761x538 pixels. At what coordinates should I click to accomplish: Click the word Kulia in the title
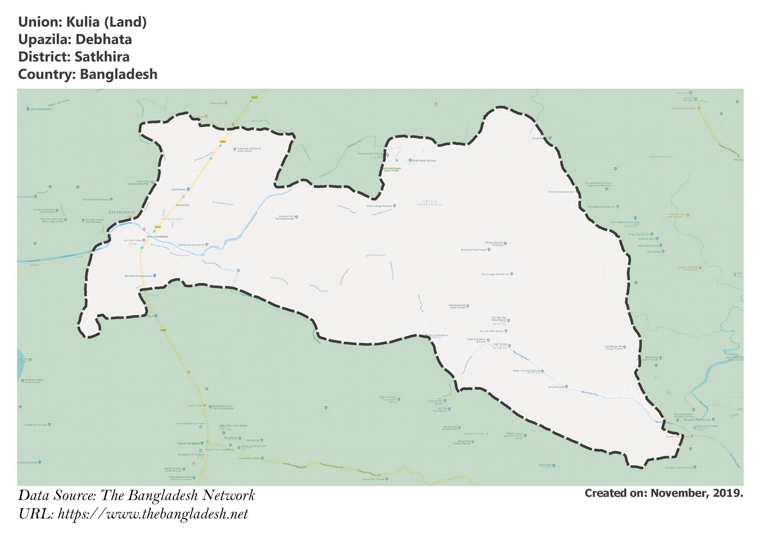tap(83, 22)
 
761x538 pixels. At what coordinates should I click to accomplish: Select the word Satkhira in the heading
tap(102, 57)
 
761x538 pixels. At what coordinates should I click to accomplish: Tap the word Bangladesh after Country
tap(119, 74)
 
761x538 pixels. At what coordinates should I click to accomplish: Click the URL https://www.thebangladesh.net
tap(153, 514)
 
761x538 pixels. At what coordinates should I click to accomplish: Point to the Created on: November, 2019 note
tap(664, 493)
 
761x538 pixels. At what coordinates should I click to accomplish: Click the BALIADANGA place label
tap(158, 237)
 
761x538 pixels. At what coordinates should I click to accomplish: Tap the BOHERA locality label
tap(183, 205)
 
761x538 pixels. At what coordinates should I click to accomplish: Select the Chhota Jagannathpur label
tap(430, 203)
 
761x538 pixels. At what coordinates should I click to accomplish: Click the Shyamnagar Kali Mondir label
tap(495, 274)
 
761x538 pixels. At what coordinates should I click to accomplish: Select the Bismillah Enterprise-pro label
tap(139, 276)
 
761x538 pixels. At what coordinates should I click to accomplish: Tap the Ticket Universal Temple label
tap(526, 371)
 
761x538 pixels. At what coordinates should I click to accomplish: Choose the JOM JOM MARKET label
tap(40, 109)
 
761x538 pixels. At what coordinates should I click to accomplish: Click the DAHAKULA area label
tap(660, 157)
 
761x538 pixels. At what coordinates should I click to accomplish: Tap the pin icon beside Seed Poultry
tap(188, 189)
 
